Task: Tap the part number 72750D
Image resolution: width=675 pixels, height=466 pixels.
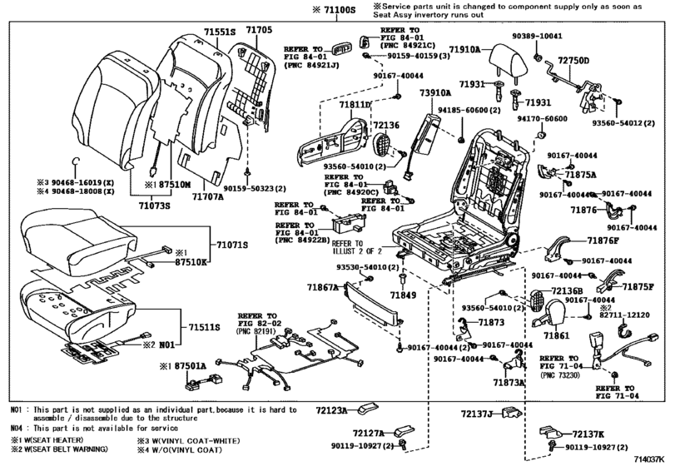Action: [x=573, y=62]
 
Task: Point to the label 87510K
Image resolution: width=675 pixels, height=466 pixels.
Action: [x=189, y=262]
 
